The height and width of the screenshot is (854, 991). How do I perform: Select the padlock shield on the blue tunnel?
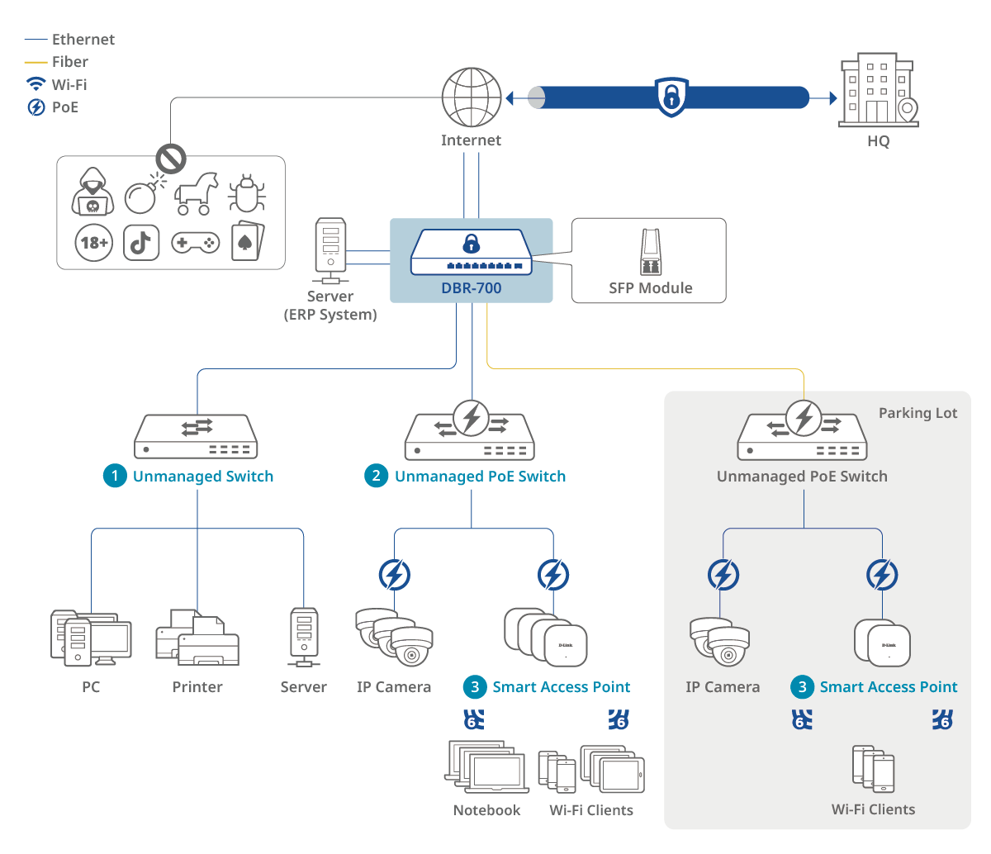click(671, 97)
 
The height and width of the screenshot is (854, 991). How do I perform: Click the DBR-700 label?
click(471, 288)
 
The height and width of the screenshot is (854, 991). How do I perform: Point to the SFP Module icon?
click(651, 252)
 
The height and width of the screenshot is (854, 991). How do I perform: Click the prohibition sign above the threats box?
click(172, 157)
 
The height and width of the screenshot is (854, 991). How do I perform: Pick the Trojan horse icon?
click(196, 192)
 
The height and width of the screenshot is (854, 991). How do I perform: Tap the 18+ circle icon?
click(93, 243)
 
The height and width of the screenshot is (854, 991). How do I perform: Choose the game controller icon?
click(195, 243)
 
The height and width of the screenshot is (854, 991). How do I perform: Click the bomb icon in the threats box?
click(142, 195)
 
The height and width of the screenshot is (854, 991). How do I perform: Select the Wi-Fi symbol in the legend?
click(36, 84)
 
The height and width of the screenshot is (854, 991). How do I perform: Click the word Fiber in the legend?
click(70, 62)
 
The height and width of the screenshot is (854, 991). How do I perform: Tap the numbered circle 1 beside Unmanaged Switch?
click(115, 476)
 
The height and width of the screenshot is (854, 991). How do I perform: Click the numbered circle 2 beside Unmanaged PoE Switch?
click(377, 476)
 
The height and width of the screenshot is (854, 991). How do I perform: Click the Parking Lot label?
click(918, 413)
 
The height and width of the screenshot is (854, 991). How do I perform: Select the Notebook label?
click(486, 810)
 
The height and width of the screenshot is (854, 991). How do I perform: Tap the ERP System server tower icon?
click(331, 249)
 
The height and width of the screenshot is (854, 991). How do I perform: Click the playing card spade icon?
click(247, 241)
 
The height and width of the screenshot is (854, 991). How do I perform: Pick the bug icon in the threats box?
click(246, 194)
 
